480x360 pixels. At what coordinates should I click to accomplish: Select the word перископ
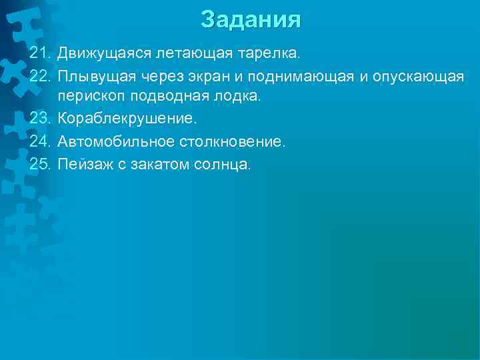point(91,97)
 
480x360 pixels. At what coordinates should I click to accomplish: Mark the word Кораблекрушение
point(127,119)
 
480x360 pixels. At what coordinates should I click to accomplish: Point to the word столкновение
point(233,142)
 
